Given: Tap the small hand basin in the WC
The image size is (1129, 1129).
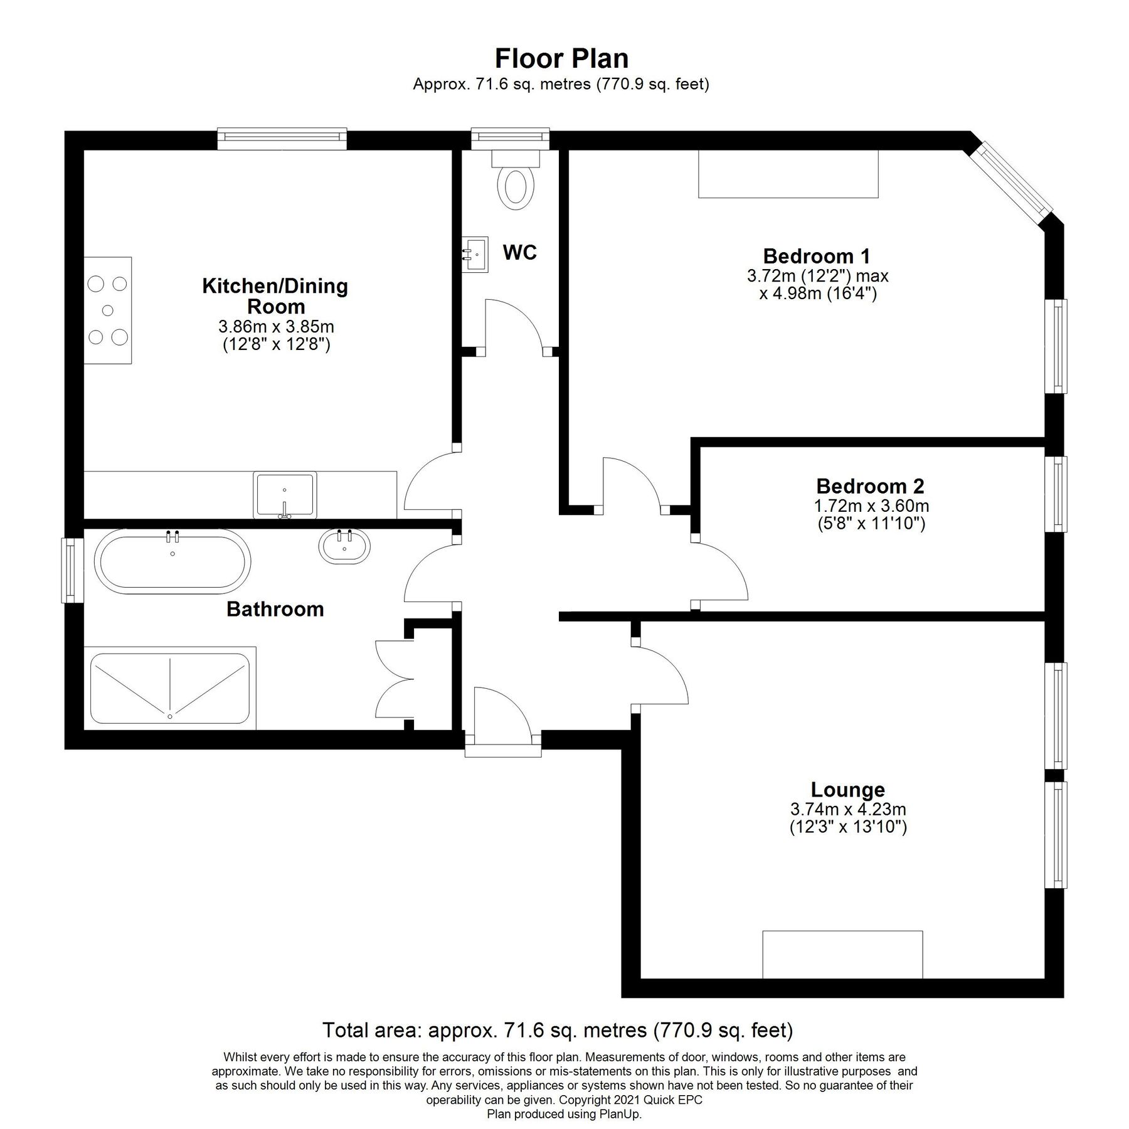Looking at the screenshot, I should pyautogui.click(x=476, y=254).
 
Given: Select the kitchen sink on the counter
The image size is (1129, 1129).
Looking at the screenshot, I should pyautogui.click(x=285, y=495).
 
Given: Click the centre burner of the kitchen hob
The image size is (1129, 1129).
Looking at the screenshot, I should pyautogui.click(x=108, y=310).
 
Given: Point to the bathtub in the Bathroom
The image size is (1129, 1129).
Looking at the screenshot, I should pyautogui.click(x=172, y=561).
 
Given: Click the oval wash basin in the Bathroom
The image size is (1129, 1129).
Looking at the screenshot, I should pyautogui.click(x=344, y=546).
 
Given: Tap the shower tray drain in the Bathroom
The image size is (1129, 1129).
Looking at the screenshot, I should pyautogui.click(x=169, y=716).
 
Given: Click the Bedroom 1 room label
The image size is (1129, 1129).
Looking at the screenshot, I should pyautogui.click(x=817, y=256).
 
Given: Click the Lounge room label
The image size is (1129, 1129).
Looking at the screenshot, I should pyautogui.click(x=847, y=789).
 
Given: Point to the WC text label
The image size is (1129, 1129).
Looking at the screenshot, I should pyautogui.click(x=519, y=253).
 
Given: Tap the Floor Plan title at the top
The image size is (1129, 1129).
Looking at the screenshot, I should pyautogui.click(x=561, y=58).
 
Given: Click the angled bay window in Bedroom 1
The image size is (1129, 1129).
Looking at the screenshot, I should pyautogui.click(x=1016, y=179).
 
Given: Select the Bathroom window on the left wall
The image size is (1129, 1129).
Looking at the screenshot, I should pyautogui.click(x=73, y=570).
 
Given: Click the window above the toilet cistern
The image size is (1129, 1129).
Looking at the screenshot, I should pyautogui.click(x=510, y=139).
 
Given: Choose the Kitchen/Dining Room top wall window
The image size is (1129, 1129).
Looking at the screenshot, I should pyautogui.click(x=282, y=139).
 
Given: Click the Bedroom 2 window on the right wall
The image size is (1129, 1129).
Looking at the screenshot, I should pyautogui.click(x=1059, y=494).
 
